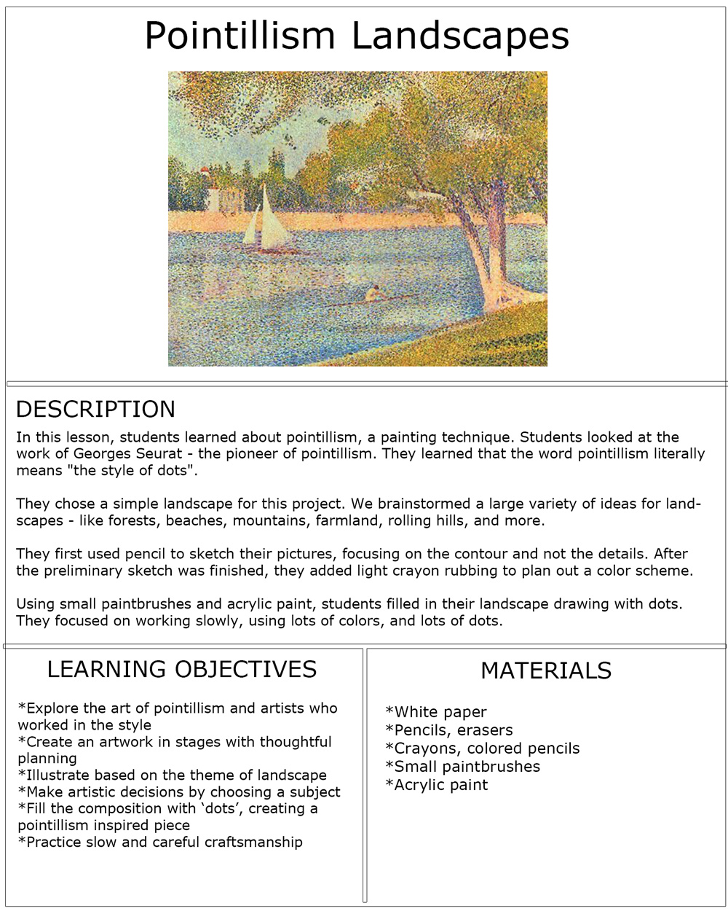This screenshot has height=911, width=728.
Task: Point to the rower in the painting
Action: click(x=374, y=293)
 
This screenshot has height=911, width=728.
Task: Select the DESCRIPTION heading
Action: click(x=95, y=410)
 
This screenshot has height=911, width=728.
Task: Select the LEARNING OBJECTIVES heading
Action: click(x=182, y=669)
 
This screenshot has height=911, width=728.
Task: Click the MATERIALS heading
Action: click(x=546, y=670)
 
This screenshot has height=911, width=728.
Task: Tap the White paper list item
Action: click(x=437, y=712)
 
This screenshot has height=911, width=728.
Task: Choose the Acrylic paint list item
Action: click(x=437, y=785)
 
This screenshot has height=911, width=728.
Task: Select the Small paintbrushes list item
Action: click(x=463, y=767)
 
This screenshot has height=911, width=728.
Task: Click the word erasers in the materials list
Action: click(x=485, y=730)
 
